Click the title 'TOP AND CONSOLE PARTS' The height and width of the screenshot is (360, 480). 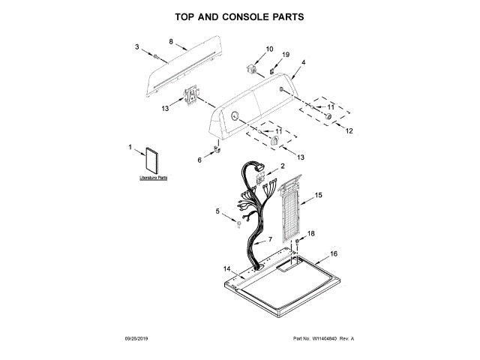coord(239,16)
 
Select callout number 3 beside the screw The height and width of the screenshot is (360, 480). coord(137,47)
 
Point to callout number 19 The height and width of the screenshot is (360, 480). coord(285,55)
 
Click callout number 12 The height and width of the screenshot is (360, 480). coord(348,130)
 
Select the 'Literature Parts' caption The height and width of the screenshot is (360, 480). coord(154,178)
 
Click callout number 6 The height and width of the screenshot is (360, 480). coord(199,160)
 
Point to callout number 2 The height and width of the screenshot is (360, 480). coord(282,166)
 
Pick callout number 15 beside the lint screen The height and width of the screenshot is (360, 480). coord(319,195)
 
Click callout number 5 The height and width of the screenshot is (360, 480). coord(218,212)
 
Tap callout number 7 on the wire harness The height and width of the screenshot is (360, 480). coord(270,239)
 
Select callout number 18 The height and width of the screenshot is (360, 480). coord(311,234)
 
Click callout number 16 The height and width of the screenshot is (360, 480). coord(334,253)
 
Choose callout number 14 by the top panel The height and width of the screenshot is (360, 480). coord(226,268)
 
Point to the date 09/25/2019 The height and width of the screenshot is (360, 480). coord(136,339)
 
